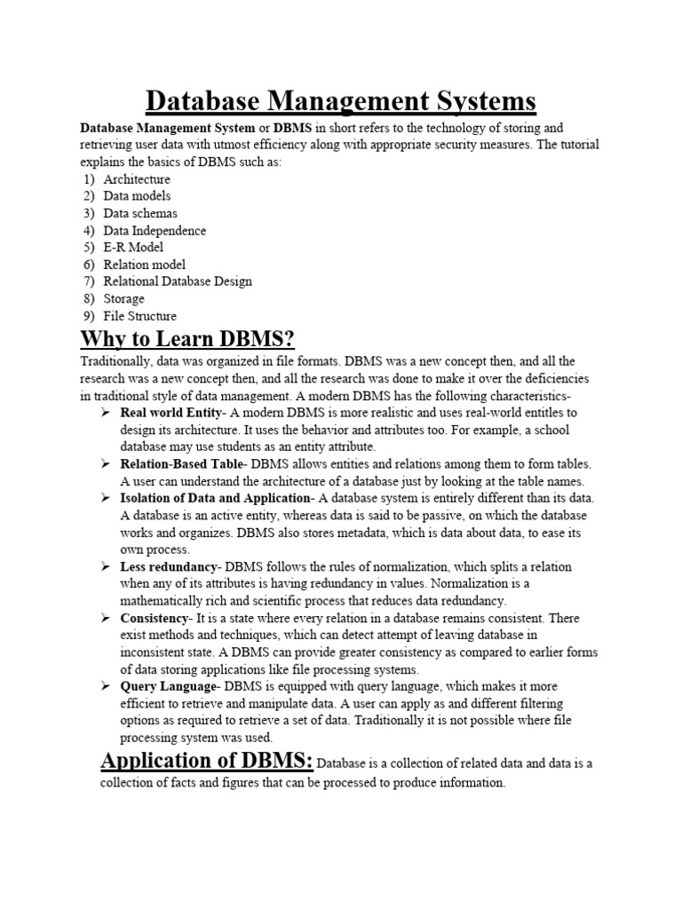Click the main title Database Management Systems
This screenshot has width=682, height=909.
pyautogui.click(x=341, y=100)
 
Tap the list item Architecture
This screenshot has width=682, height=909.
pyautogui.click(x=137, y=179)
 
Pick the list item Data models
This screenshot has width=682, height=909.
pyautogui.click(x=137, y=196)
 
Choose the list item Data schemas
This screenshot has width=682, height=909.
pyautogui.click(x=140, y=213)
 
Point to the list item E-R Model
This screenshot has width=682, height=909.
pyautogui.click(x=133, y=248)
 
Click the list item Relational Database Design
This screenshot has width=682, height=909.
pyautogui.click(x=178, y=281)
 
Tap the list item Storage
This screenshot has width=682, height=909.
pyautogui.click(x=123, y=299)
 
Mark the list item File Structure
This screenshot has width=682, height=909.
pyautogui.click(x=140, y=316)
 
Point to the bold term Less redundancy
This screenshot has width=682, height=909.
pyautogui.click(x=169, y=566)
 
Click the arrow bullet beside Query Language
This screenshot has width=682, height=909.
pyautogui.click(x=105, y=687)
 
